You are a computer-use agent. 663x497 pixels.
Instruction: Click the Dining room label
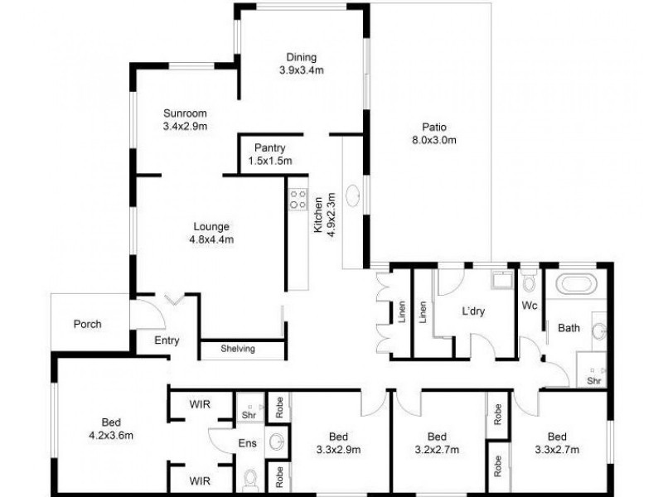click(x=301, y=64)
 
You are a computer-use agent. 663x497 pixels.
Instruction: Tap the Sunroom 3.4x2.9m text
click(x=184, y=120)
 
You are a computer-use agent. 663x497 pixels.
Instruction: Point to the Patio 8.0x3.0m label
click(x=433, y=133)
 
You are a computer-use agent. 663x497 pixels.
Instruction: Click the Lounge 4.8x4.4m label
click(x=211, y=233)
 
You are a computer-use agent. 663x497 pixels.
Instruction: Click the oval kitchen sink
click(x=353, y=196)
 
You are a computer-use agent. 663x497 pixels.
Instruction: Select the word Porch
click(x=87, y=324)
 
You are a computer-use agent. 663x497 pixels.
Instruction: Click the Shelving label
click(x=238, y=349)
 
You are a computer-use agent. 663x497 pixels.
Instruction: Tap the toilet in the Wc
click(x=529, y=283)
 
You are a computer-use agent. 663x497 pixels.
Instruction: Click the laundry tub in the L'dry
click(x=501, y=282)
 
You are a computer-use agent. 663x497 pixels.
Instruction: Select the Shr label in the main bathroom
click(x=593, y=380)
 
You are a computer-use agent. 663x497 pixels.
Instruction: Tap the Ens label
click(x=246, y=444)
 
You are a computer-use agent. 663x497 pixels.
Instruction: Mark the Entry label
click(x=167, y=340)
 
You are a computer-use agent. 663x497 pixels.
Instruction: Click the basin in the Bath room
click(x=598, y=331)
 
